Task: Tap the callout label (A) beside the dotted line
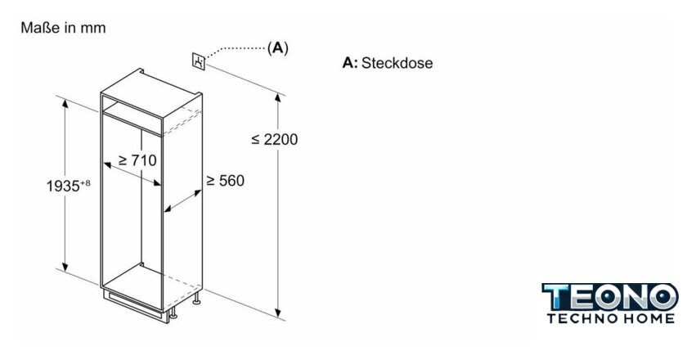click(278, 48)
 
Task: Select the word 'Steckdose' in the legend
click(397, 63)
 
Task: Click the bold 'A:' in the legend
click(350, 63)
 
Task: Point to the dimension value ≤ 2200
click(275, 139)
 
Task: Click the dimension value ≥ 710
click(137, 160)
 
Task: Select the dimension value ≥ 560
click(225, 180)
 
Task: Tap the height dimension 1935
click(62, 187)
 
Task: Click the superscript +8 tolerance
click(85, 182)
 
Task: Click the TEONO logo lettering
click(610, 297)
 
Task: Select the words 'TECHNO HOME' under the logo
click(610, 318)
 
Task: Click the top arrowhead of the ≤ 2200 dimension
click(278, 98)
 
